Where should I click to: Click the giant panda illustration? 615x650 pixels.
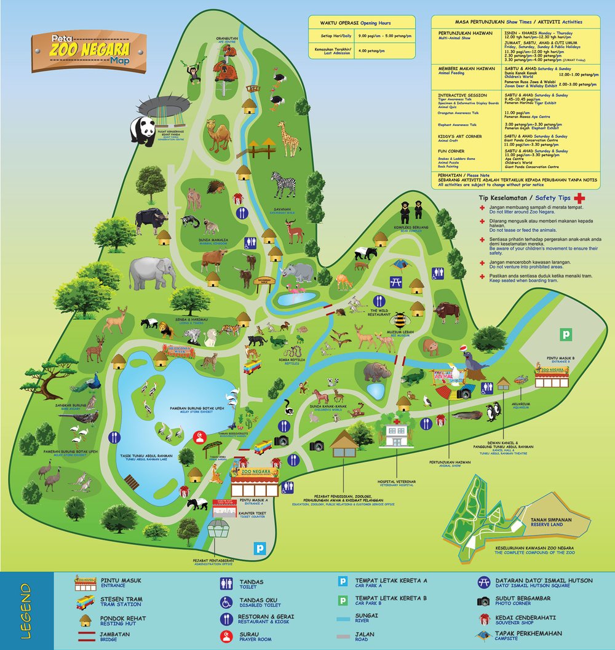click(x=143, y=131)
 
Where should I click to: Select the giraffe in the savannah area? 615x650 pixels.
click(x=287, y=139)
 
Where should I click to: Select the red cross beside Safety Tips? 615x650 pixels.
click(x=578, y=199)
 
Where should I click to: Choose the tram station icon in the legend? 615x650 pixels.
click(x=85, y=602)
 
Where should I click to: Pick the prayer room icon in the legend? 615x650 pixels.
click(x=226, y=635)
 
